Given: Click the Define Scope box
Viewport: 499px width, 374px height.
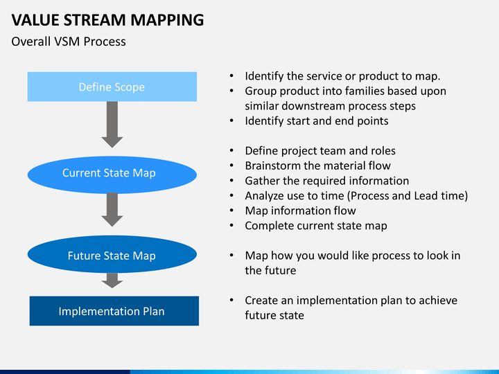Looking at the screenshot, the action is coord(112,87).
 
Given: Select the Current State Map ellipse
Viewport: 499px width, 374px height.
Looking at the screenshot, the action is coord(112,175).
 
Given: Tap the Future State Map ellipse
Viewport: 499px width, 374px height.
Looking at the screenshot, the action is coord(112,254).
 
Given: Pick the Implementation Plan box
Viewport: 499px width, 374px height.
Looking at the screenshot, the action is coord(114,311).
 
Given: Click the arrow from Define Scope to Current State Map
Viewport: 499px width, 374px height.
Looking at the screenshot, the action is coord(112,125).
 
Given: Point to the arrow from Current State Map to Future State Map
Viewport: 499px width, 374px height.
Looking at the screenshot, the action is coord(112,210).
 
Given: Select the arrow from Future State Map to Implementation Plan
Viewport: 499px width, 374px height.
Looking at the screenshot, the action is coord(112,280).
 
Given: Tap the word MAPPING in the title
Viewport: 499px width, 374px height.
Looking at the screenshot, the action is coord(167,21).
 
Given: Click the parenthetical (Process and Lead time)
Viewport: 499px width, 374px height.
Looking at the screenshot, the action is coord(408,196).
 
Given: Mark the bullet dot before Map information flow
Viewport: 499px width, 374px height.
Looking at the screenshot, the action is coord(231,211).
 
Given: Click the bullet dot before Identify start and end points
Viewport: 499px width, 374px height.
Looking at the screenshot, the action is coord(231,121).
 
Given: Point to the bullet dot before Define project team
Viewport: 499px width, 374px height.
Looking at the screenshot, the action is coord(231,151).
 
